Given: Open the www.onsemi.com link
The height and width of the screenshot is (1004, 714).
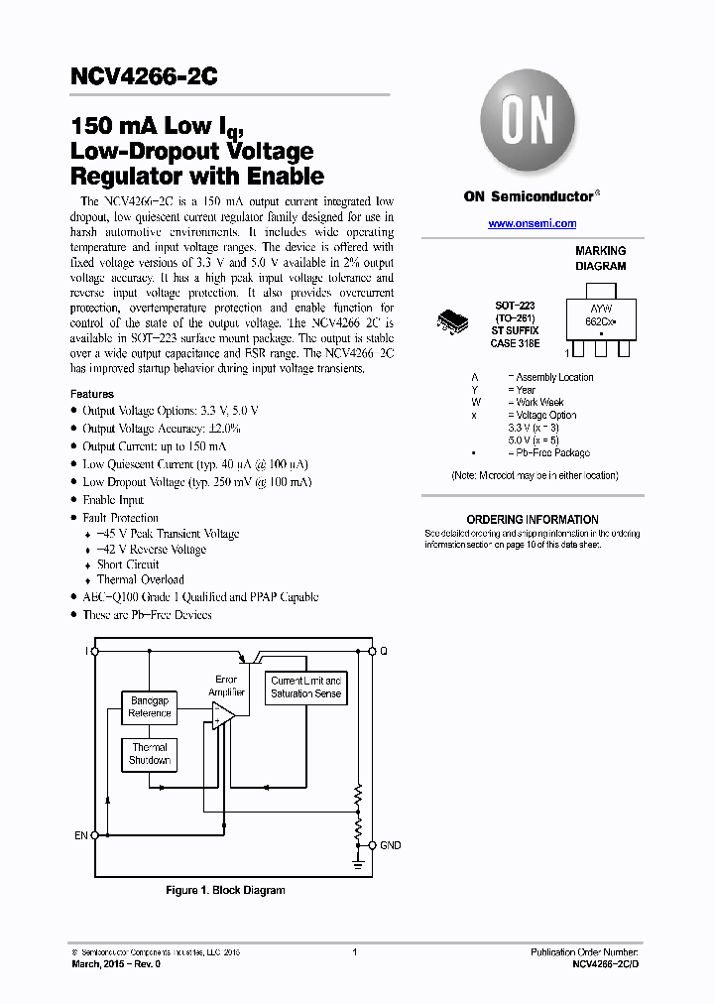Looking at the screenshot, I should click(532, 224).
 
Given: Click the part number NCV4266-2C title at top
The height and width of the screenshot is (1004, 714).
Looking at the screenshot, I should click(145, 76).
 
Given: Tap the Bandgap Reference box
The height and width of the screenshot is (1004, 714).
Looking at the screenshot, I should click(150, 707).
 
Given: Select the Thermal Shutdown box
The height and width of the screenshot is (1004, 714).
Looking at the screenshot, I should click(150, 754).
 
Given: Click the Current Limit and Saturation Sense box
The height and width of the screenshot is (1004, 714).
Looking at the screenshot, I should click(305, 688).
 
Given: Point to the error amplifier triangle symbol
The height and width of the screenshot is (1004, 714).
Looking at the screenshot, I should click(223, 714).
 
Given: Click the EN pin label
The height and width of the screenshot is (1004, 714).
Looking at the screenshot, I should click(81, 835).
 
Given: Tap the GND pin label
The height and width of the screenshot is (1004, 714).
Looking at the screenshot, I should click(391, 845).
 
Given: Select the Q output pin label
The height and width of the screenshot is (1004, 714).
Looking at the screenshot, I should click(384, 652).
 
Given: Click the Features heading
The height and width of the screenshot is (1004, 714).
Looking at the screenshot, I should click(92, 394).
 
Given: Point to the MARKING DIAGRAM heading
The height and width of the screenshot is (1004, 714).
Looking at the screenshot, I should click(600, 259).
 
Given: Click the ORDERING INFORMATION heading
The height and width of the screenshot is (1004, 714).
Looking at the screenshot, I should click(533, 520).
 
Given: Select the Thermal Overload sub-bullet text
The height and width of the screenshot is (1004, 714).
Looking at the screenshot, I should click(140, 580).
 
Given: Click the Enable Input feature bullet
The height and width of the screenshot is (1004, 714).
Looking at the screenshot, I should click(113, 500).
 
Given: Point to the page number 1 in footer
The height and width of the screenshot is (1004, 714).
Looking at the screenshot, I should click(355, 953).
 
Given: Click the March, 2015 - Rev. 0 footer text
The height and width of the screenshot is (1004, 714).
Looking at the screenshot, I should click(115, 964).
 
